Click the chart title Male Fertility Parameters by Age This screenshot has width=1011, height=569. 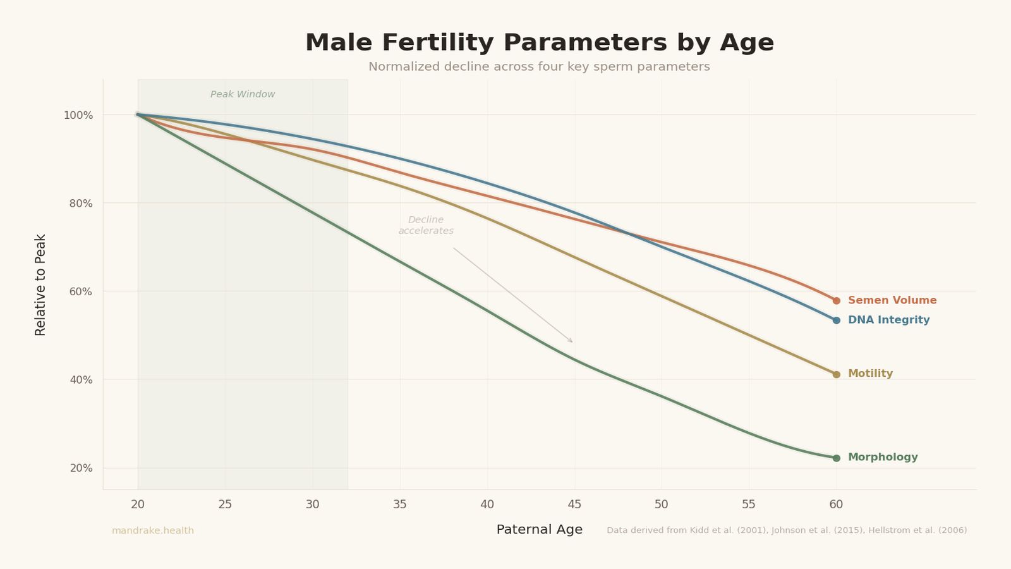539,43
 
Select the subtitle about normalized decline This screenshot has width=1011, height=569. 539,67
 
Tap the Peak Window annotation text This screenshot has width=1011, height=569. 243,95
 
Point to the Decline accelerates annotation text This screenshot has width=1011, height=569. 426,226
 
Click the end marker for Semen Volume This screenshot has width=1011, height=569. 836,301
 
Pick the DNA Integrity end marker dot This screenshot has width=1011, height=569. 836,321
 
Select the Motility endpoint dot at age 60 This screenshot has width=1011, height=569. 836,374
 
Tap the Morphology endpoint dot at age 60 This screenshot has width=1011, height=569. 836,458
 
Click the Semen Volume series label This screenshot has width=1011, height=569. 892,301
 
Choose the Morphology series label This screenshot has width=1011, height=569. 882,458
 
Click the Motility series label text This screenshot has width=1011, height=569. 869,374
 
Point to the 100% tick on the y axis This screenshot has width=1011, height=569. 78,116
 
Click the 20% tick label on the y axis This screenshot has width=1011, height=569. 80,468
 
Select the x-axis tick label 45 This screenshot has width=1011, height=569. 574,505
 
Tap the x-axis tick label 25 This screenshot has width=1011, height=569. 225,505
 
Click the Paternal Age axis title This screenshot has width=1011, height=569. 539,530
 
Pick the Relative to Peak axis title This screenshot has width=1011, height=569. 41,284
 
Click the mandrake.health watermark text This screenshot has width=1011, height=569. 153,531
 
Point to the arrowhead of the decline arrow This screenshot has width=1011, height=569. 571,341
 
